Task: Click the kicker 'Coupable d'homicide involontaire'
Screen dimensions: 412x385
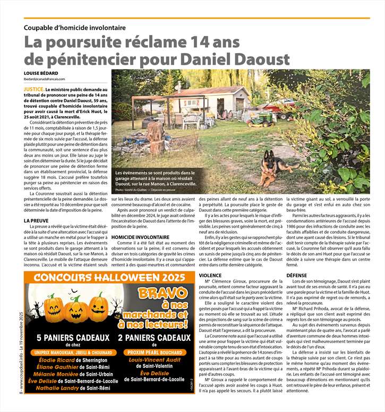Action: (74, 27)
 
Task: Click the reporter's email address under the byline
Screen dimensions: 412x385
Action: (52, 79)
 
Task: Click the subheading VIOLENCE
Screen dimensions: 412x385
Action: (210, 276)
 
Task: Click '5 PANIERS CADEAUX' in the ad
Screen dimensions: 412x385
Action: (73, 338)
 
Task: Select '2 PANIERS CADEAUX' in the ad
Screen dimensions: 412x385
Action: (154, 338)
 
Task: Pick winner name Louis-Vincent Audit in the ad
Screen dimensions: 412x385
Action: (155, 359)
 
